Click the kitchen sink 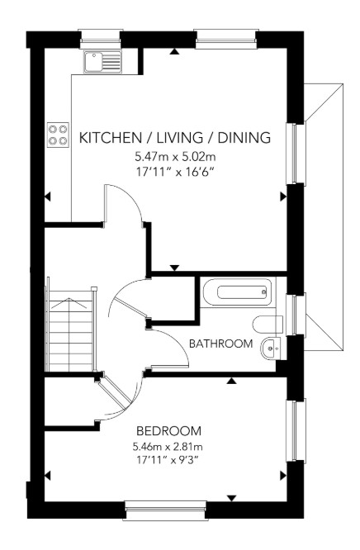[102, 62]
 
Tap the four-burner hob [58, 135]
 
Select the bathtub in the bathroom [237, 292]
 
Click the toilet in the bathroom [268, 324]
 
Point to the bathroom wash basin [271, 348]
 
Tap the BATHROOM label [221, 344]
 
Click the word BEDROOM [169, 430]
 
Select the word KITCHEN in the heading [110, 137]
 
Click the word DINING [244, 137]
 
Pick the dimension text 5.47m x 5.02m [175, 156]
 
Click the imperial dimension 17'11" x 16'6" [175, 173]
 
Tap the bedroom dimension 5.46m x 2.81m [168, 447]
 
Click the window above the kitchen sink [101, 39]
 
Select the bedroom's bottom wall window [164, 510]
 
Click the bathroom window [296, 315]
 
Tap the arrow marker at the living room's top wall [174, 52]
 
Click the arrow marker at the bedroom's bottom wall [231, 498]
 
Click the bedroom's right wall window [296, 430]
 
